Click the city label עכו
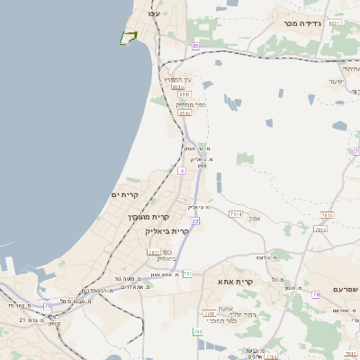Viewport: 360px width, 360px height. (153, 13)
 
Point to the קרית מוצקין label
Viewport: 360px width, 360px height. (148, 217)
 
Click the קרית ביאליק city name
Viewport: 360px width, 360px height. (166, 231)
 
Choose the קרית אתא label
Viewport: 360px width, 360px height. (236, 282)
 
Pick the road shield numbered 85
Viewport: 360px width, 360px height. (195, 45)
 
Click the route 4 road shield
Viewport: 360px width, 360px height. (182, 169)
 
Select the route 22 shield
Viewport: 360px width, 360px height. (194, 220)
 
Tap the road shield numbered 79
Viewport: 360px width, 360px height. (316, 294)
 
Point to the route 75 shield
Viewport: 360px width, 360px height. (48, 306)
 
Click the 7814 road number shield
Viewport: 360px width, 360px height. (236, 213)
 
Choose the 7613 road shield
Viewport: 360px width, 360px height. (327, 215)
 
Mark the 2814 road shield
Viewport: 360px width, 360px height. (320, 229)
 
